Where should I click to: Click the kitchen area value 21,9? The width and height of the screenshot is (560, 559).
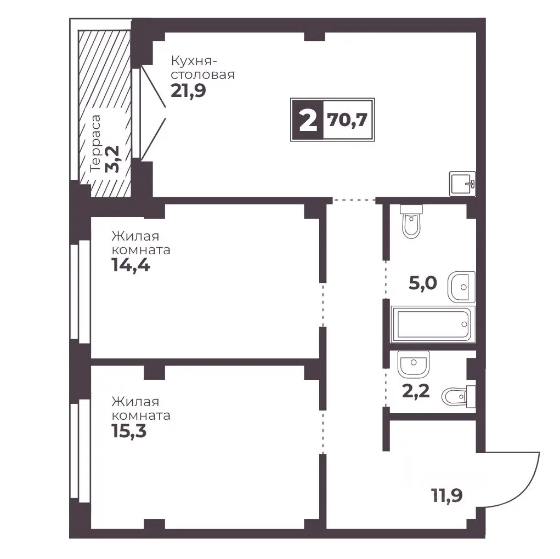point(188,90)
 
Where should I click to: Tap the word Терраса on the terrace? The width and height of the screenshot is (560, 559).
point(96,143)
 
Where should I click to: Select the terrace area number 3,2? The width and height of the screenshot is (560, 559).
point(112,159)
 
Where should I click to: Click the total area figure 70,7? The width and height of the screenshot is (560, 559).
point(348,119)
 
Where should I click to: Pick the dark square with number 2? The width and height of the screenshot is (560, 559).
point(308,120)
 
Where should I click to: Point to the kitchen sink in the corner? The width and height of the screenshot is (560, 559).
point(462,184)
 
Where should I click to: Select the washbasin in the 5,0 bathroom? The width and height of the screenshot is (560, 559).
point(461,287)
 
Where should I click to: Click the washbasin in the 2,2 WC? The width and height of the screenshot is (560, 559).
point(413,364)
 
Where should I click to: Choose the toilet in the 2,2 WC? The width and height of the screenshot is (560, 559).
point(459,396)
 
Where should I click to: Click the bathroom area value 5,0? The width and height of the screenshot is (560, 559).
point(423,283)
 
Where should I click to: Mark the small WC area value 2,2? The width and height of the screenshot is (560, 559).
point(416,391)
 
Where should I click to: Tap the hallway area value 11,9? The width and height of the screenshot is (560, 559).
point(447,495)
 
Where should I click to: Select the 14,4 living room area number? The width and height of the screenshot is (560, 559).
point(131,265)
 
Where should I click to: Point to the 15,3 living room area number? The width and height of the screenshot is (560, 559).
point(129,431)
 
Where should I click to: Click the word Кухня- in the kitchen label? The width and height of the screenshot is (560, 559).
point(194,61)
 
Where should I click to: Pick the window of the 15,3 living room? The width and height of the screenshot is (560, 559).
point(80,451)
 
